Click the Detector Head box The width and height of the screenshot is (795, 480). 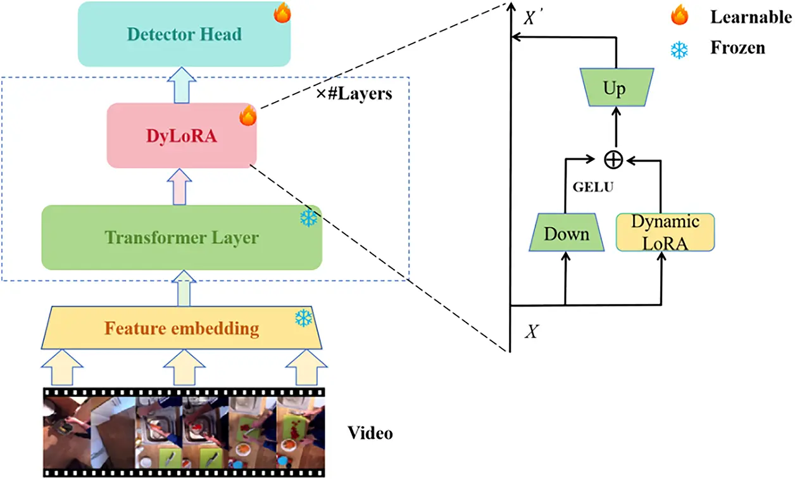[x=184, y=34]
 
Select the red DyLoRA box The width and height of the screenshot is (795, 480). [x=182, y=136]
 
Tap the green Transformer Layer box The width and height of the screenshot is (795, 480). [x=182, y=237]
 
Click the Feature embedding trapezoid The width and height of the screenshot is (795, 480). [x=182, y=329]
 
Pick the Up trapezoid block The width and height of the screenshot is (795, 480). [x=614, y=89]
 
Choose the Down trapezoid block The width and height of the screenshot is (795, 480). [x=567, y=234]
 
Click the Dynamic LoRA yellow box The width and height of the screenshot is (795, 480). [x=665, y=232]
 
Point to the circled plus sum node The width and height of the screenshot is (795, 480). [x=612, y=160]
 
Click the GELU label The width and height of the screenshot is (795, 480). [x=591, y=188]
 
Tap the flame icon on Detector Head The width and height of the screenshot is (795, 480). [x=282, y=13]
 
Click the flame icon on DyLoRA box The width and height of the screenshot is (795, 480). [x=247, y=115]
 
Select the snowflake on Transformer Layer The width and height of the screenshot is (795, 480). [x=309, y=218]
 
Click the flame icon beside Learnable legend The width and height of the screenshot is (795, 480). [x=680, y=16]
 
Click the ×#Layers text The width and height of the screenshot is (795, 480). [x=354, y=94]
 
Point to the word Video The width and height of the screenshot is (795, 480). [x=370, y=433]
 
